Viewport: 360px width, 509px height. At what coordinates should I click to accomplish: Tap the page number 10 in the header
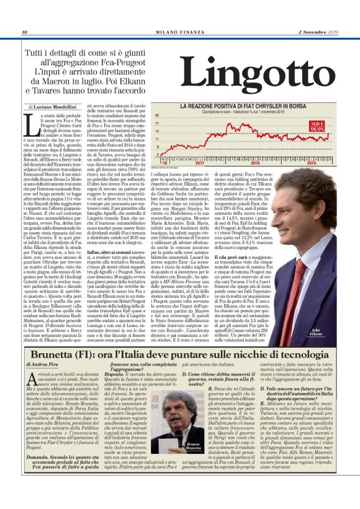pos(24,32)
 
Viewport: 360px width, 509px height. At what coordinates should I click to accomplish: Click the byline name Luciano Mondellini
pos(61,107)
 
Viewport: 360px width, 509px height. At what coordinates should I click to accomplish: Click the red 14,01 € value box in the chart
pos(317,124)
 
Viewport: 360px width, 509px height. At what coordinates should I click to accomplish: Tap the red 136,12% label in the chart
pos(317,130)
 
